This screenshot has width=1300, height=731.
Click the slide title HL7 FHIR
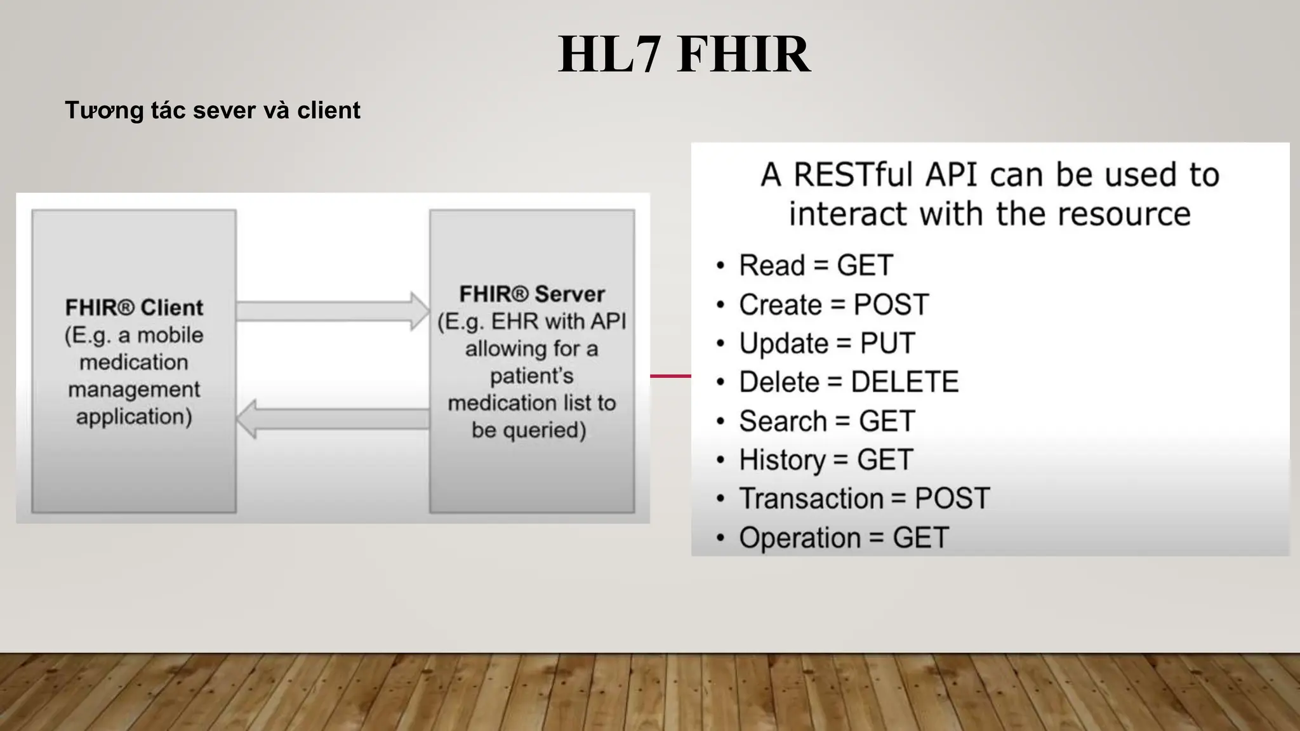click(684, 55)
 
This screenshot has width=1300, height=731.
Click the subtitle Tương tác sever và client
click(212, 110)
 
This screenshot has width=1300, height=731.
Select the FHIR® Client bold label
click(134, 308)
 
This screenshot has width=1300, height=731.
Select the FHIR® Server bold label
click(532, 294)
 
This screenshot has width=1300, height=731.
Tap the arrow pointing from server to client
click(333, 419)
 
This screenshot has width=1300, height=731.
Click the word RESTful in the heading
click(854, 175)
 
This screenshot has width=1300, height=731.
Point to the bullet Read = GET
click(816, 265)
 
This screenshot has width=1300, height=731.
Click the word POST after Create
click(891, 305)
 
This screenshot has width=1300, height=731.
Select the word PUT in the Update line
click(887, 343)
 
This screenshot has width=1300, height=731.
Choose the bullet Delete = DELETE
click(848, 382)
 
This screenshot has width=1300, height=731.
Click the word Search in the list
click(782, 421)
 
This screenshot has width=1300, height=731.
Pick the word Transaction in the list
click(811, 499)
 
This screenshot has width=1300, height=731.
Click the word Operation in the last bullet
click(799, 538)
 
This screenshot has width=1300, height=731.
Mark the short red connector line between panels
click(670, 376)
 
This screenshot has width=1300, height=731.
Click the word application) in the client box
click(134, 417)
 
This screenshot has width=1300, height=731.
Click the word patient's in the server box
click(532, 376)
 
